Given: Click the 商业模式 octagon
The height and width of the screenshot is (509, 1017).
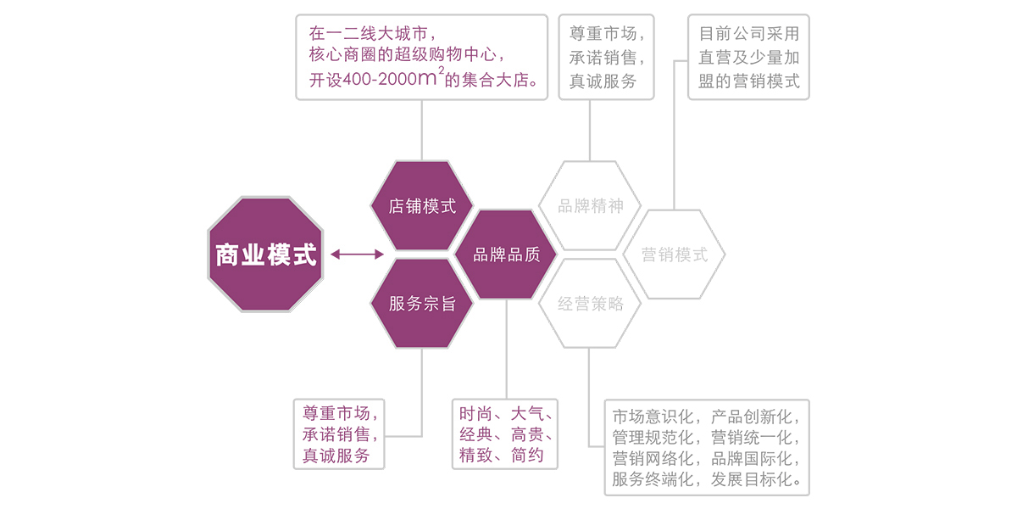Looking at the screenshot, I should click(266, 255).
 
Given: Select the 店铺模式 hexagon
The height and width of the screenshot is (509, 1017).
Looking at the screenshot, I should click(422, 206).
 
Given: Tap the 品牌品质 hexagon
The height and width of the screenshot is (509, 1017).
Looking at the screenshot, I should click(505, 255).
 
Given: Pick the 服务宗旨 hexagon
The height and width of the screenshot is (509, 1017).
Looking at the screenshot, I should click(422, 304).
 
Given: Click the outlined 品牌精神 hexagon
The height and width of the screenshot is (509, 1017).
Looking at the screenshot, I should click(590, 206).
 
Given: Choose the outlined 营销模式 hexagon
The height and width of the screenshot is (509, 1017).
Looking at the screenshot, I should click(674, 255).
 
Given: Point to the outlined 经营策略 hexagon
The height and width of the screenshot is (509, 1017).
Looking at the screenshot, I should click(590, 304).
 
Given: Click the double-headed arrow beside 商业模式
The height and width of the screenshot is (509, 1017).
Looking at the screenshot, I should click(357, 254).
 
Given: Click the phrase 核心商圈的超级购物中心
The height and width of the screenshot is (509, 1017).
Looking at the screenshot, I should click(408, 58).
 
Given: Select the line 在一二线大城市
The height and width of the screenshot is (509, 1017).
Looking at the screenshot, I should click(374, 35).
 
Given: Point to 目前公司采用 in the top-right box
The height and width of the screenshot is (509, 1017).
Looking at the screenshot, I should click(748, 35).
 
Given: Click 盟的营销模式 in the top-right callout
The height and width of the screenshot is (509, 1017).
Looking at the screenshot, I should click(748, 82).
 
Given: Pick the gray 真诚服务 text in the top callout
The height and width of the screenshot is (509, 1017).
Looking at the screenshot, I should click(603, 82).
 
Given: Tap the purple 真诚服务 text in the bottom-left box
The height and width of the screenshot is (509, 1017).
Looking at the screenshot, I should click(336, 456).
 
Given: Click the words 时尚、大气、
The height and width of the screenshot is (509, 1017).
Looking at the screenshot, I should click(506, 414).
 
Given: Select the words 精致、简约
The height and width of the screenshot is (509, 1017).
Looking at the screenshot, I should click(499, 456).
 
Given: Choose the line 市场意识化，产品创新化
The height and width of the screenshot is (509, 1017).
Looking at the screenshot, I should click(706, 417).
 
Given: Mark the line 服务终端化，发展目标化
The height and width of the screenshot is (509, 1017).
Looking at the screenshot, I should click(706, 480).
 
